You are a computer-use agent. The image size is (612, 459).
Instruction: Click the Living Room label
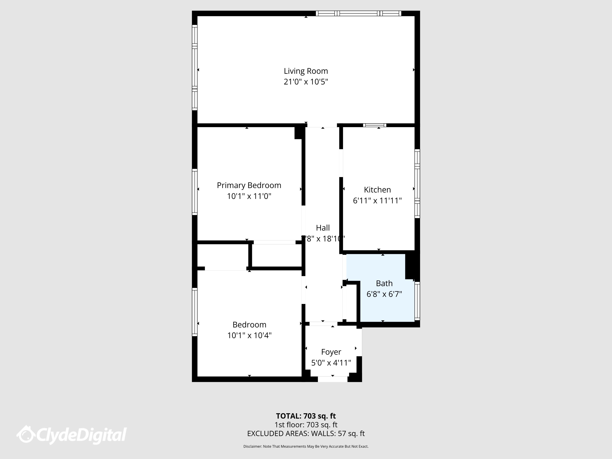(306, 71)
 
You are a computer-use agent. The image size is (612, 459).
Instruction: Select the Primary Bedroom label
(249, 185)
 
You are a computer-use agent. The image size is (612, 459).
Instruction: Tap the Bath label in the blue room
(384, 283)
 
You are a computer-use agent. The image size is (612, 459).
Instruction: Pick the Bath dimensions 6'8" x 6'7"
(384, 294)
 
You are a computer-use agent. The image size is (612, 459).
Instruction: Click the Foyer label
(331, 352)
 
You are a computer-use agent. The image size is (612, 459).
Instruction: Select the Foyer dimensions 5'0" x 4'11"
(331, 363)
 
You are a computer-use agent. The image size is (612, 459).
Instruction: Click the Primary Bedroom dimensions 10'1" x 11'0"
(249, 196)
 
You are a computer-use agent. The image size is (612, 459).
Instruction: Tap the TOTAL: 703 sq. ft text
(306, 416)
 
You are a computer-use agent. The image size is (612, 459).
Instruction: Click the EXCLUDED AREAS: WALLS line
(306, 433)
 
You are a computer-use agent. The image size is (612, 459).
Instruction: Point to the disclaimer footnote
(306, 446)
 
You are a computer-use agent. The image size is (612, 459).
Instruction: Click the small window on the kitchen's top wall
(375, 125)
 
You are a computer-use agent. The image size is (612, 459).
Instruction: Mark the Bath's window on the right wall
(417, 301)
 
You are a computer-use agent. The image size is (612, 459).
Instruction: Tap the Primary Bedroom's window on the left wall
(195, 192)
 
